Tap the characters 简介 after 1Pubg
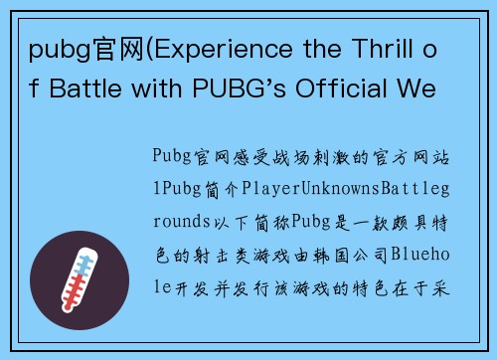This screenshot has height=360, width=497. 223,186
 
